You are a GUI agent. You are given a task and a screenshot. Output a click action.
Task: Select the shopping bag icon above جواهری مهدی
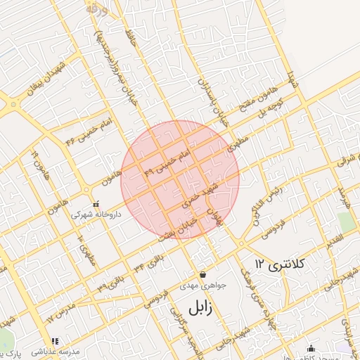(x=202, y=274)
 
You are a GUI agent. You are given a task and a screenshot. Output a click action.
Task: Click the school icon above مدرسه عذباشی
(x=56, y=342)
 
